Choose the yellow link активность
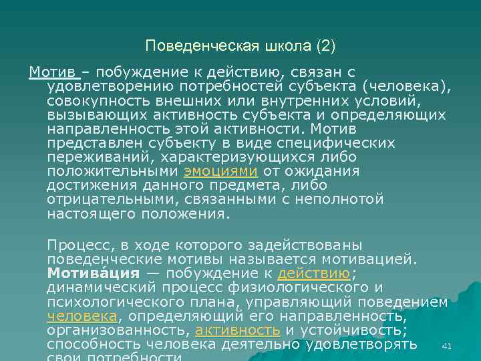237,331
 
